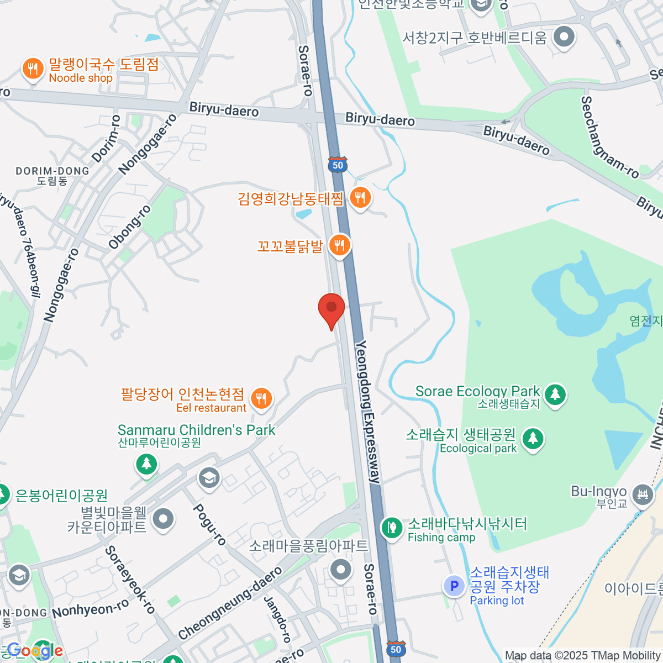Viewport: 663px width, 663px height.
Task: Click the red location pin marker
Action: pos(331,308)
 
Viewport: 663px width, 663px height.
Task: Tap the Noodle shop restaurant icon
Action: pos(33,69)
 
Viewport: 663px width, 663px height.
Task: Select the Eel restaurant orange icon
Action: pos(261,398)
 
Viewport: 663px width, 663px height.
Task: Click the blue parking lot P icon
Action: pos(454,586)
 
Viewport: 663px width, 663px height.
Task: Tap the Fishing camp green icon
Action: pos(392,528)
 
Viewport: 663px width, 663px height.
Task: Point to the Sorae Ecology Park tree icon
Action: pos(555,394)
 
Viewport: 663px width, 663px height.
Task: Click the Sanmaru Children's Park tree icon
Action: pos(146,463)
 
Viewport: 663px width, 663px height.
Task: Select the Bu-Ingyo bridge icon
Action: pos(642,493)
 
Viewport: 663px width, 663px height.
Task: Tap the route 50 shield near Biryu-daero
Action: pos(338,165)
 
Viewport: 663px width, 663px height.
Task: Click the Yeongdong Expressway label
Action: pos(368,412)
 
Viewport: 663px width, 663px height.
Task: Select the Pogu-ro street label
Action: pos(209,524)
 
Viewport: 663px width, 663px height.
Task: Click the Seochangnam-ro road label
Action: pos(610,137)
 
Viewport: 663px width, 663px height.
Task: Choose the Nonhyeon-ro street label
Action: pos(91,609)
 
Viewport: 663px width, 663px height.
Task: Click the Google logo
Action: pos(34,651)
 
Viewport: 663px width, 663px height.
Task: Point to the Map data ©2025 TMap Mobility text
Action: pos(583,656)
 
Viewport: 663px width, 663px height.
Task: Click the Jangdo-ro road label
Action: pos(277,619)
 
